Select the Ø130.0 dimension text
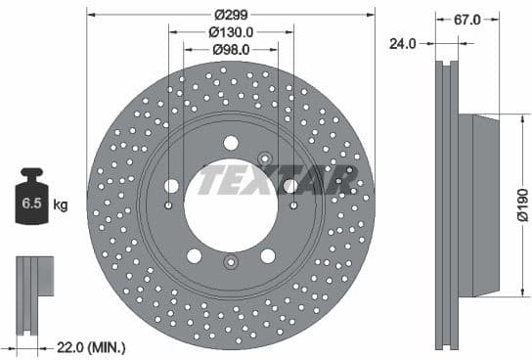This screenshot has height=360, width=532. pyautogui.click(x=231, y=31)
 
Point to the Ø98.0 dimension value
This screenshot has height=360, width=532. pyautogui.click(x=231, y=49)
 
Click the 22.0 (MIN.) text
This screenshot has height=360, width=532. pyautogui.click(x=91, y=346)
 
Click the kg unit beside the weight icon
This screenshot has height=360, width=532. pyautogui.click(x=61, y=205)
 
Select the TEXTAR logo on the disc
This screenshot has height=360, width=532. pyautogui.click(x=278, y=180)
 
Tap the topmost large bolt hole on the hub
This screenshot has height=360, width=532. pyautogui.click(x=231, y=143)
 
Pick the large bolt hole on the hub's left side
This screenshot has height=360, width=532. pyautogui.click(x=172, y=186)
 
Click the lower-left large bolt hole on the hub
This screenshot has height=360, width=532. pyautogui.click(x=195, y=254)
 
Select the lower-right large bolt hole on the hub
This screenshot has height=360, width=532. pyautogui.click(x=267, y=254)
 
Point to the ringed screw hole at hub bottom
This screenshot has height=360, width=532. pyautogui.click(x=231, y=262)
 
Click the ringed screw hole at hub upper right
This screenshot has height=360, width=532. pyautogui.click(x=264, y=158)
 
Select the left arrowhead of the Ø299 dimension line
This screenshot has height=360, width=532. pyautogui.click(x=91, y=14)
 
